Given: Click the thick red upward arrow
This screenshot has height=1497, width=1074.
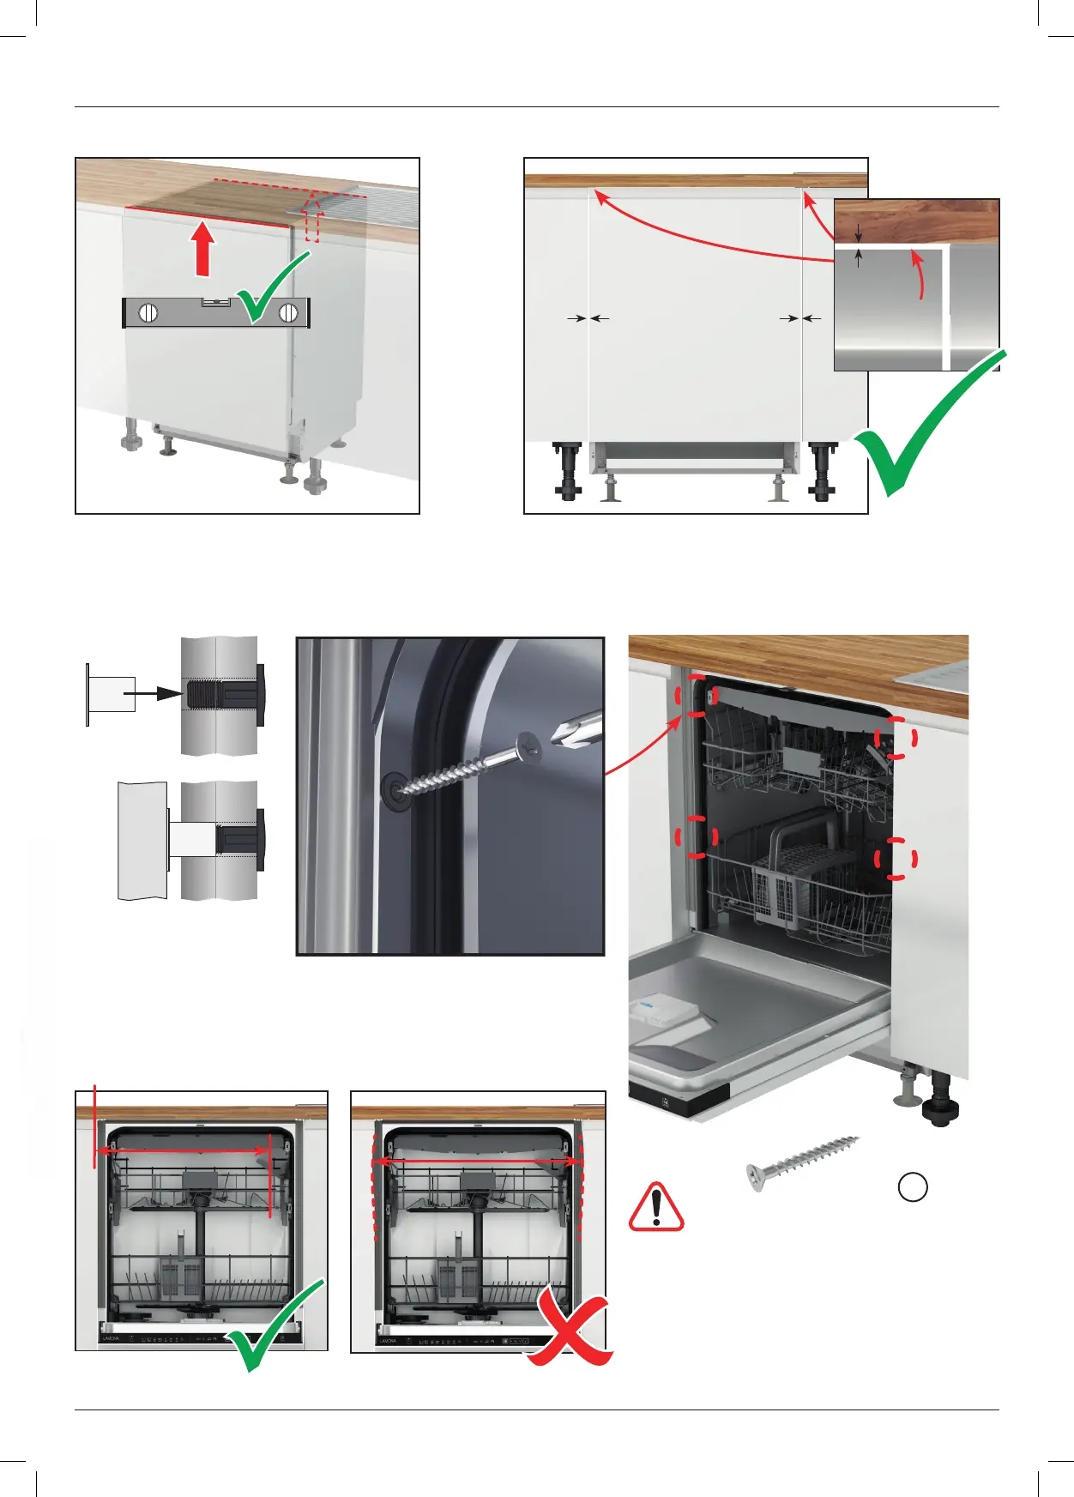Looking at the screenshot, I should (x=202, y=249).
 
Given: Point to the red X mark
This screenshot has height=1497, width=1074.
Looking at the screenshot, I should (x=569, y=1330).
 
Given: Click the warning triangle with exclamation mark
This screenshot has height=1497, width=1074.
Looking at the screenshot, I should (x=656, y=1207).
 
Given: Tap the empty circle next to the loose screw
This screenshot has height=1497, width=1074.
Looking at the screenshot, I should (x=913, y=1186).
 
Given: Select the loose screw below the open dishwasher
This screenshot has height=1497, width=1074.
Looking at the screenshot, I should (x=802, y=1162).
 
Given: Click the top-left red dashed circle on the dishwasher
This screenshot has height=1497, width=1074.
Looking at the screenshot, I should (x=698, y=696).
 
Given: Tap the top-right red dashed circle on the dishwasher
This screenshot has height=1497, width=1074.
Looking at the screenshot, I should (x=897, y=738).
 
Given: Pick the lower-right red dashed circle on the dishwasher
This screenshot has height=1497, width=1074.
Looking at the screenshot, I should (x=897, y=858).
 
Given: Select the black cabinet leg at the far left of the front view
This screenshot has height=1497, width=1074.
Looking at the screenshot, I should (x=568, y=471).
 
